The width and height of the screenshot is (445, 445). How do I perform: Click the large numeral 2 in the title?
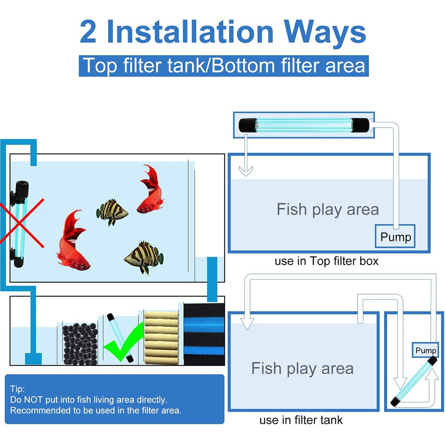tap(88, 32)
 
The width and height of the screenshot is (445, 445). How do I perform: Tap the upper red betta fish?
tap(150, 190)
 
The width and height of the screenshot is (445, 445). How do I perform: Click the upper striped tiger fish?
tap(112, 212)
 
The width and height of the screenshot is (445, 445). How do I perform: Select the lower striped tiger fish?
tap(144, 257)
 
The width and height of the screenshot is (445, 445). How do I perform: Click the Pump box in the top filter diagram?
tap(395, 236)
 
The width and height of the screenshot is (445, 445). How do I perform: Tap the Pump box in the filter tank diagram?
tap(425, 350)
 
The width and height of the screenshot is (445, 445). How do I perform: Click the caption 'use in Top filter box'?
tap(326, 261)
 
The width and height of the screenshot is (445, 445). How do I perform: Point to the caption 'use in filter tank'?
tap(301, 420)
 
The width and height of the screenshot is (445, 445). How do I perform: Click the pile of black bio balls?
tap(80, 344)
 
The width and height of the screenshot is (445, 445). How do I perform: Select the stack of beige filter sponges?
tap(161, 337)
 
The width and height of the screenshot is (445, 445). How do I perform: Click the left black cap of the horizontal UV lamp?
tap(247, 125)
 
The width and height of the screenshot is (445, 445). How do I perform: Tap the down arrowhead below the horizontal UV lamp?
tap(246, 171)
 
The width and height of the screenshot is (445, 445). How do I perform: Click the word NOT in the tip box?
tap(33, 400)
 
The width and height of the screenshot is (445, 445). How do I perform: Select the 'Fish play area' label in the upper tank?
tap(328, 210)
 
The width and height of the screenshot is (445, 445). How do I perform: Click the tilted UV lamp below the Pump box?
tap(414, 381)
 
